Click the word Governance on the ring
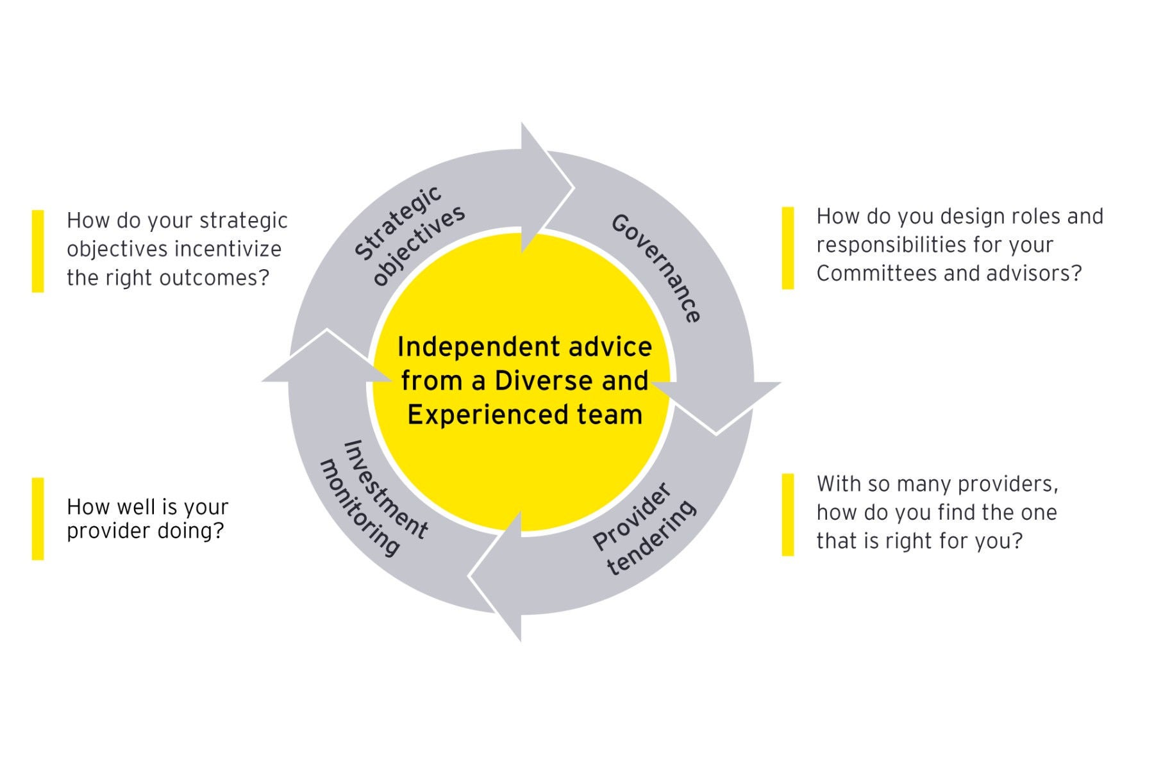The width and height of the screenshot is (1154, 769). coord(656,269)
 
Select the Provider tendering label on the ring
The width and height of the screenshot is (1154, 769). coord(643,529)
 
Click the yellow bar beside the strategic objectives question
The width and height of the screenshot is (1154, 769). coord(38,251)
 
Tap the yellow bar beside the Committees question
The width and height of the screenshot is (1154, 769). coord(788,247)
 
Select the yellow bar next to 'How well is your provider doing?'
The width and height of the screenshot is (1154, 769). coord(38,518)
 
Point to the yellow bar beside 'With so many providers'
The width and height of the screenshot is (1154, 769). coord(788,515)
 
